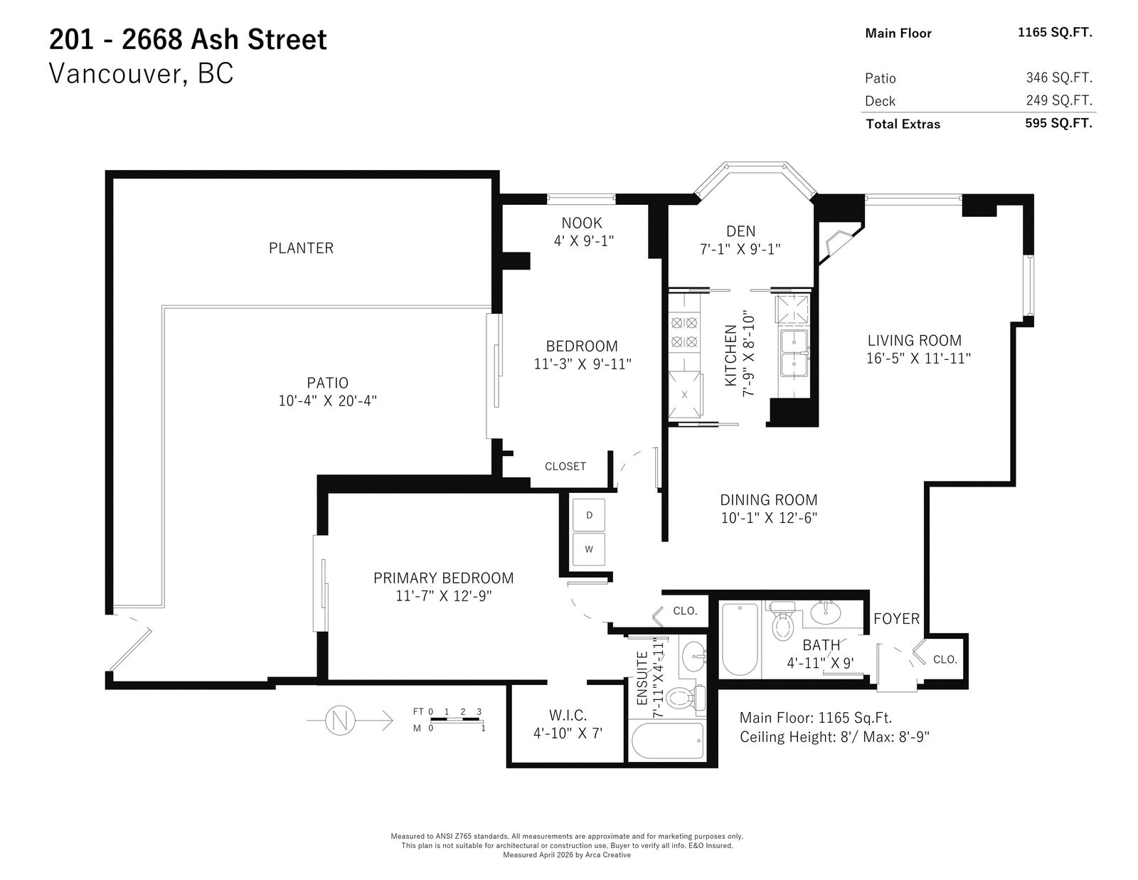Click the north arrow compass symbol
[340, 720]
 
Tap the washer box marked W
[589, 549]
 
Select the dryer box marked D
[589, 515]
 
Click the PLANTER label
[301, 248]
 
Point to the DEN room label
[740, 231]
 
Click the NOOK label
[582, 223]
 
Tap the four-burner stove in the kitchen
[684, 332]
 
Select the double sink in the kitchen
[794, 353]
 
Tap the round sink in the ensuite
[694, 656]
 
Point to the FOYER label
[896, 619]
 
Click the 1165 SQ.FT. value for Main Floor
[1055, 33]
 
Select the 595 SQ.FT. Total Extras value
[1058, 123]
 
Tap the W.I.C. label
[568, 715]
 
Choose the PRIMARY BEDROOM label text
[444, 578]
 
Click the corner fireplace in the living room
[838, 243]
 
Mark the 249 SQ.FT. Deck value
[1059, 100]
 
